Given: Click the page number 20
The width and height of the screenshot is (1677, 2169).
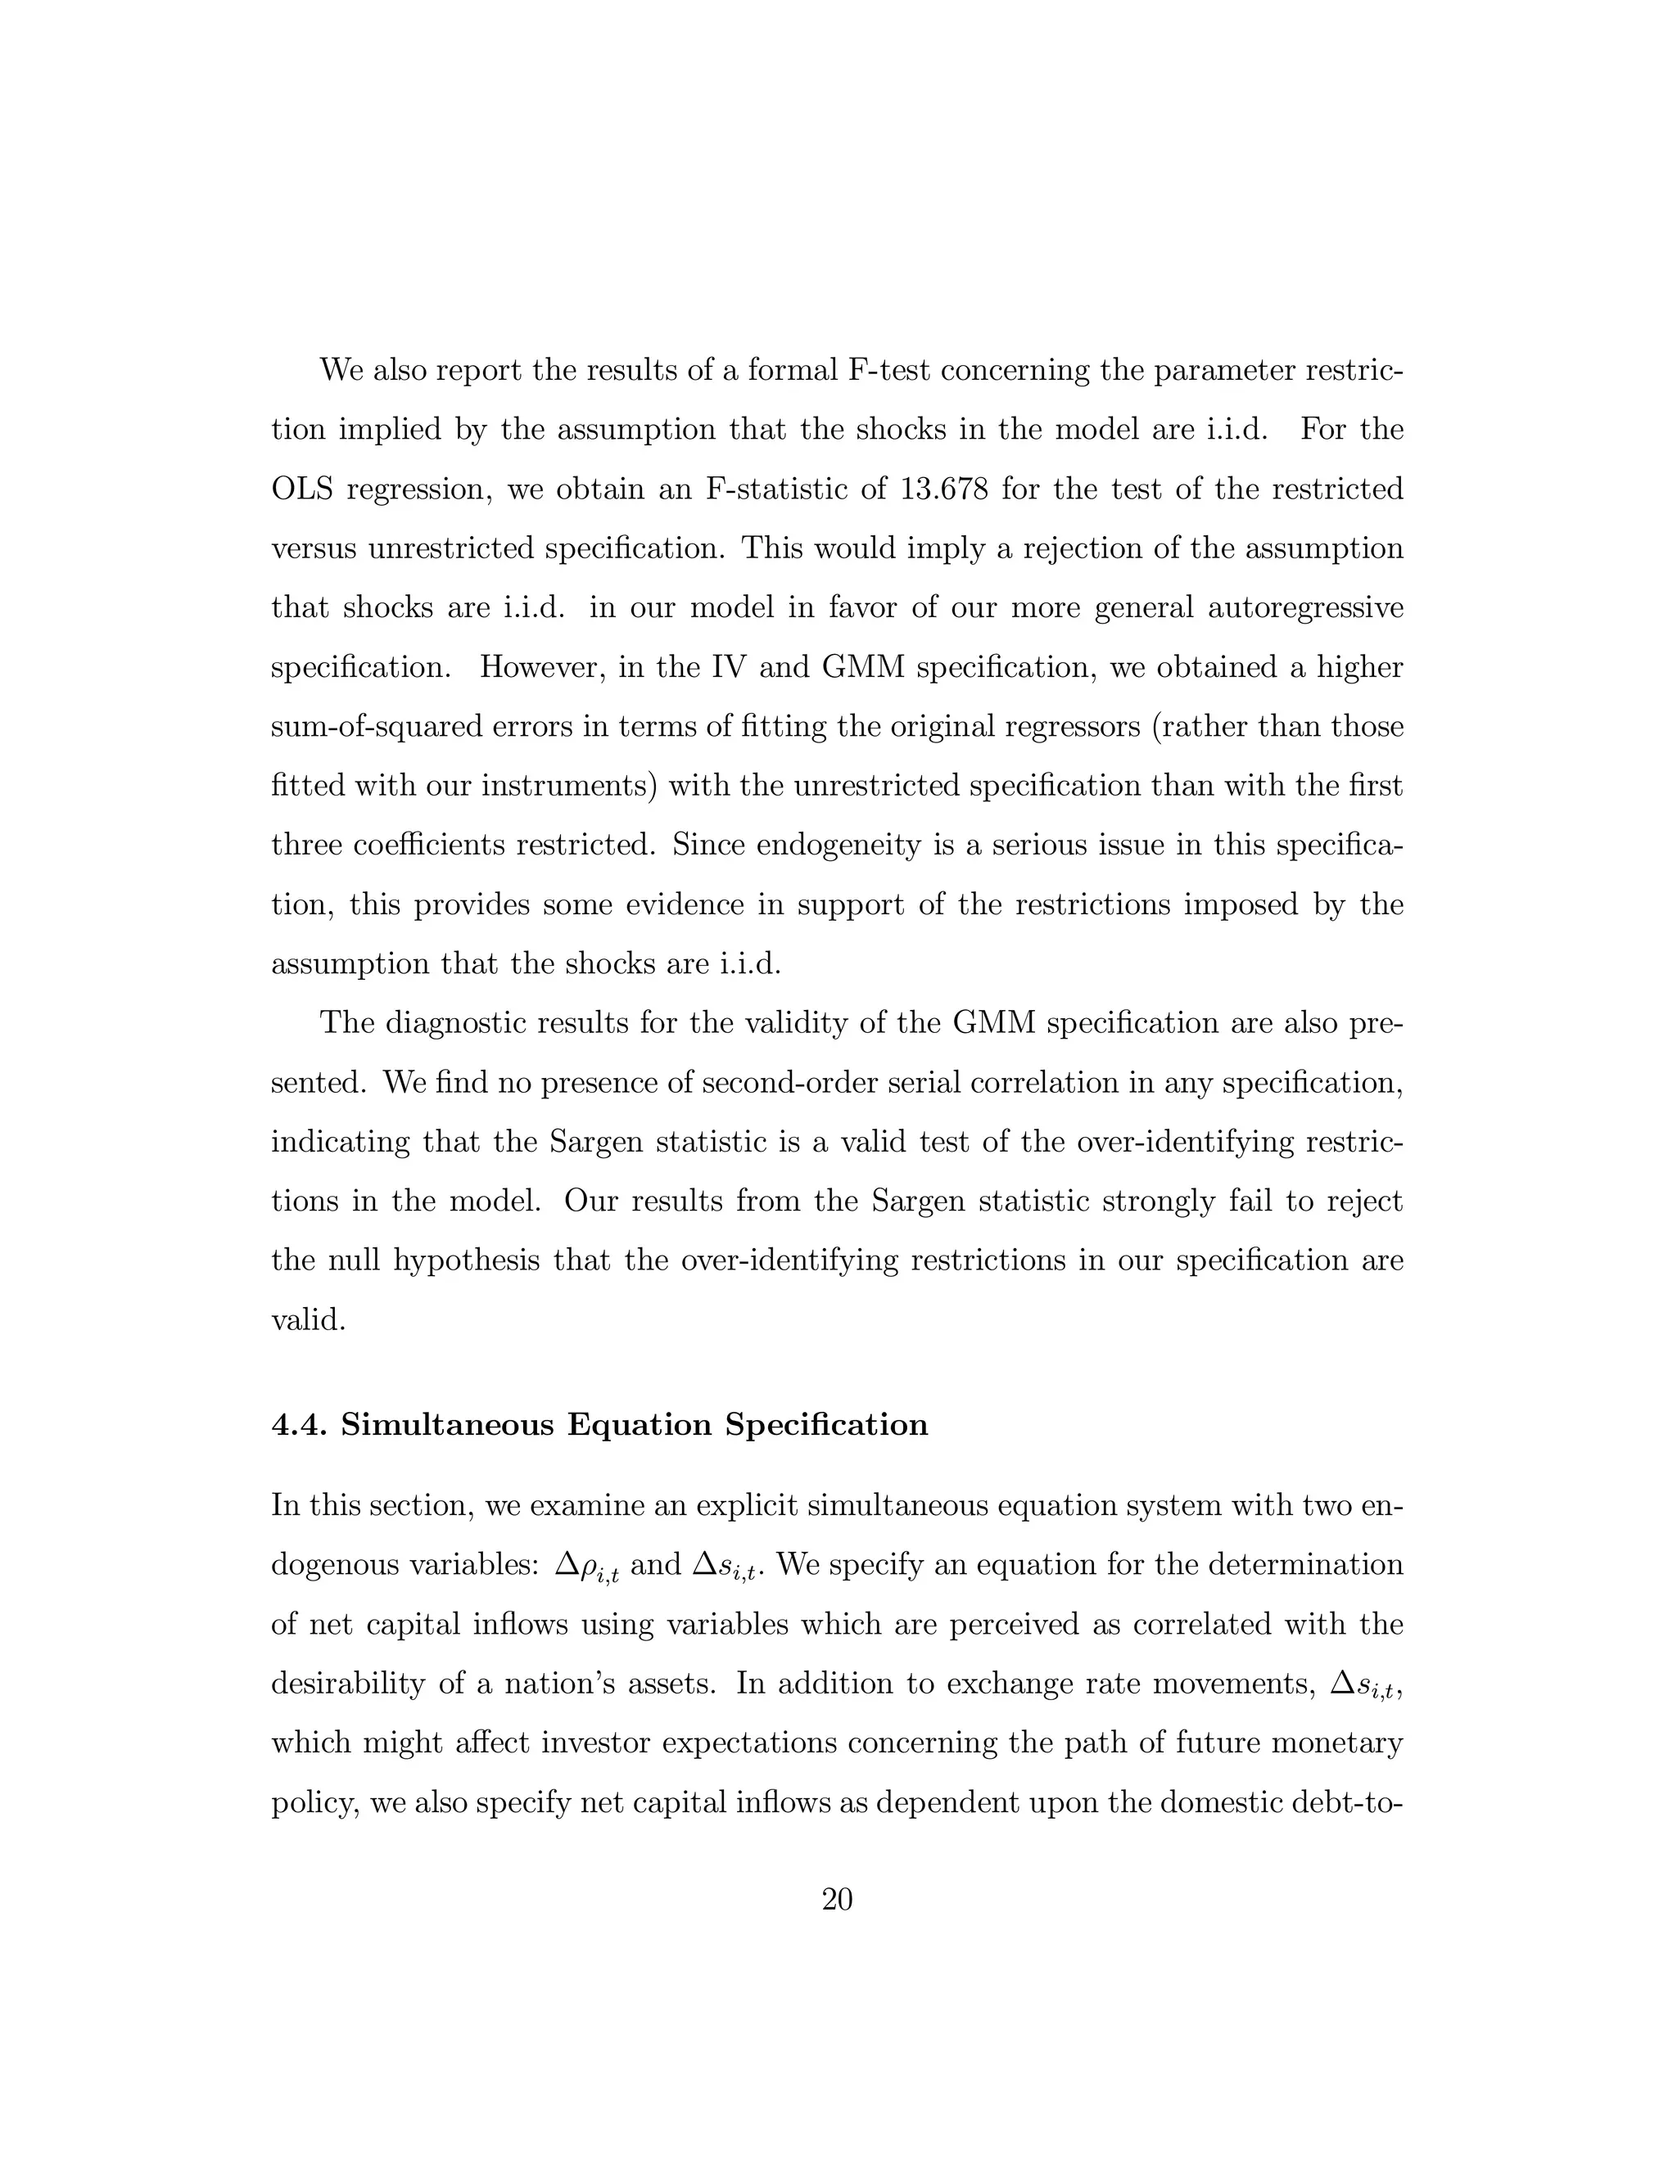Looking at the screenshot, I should coord(838,1900).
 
